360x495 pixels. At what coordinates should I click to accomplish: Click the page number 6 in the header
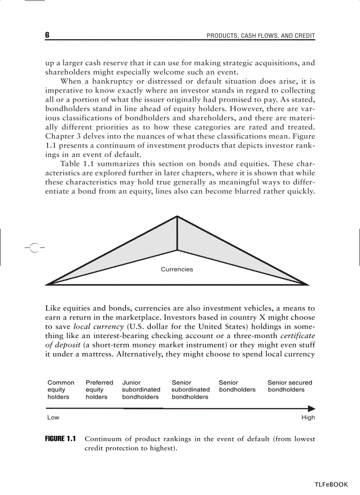[47, 35]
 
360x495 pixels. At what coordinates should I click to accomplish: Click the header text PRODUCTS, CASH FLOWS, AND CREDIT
[261, 36]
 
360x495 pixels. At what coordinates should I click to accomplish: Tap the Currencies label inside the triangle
[176, 269]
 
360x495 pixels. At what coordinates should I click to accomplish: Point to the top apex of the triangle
[177, 216]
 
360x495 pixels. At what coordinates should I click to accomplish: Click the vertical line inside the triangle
[177, 234]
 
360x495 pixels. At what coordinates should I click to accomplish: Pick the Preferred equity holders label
[99, 390]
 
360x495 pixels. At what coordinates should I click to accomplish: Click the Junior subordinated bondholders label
[141, 390]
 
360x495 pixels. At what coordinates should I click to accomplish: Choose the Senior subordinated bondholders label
[190, 390]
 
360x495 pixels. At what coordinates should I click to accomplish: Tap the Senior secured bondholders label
[289, 386]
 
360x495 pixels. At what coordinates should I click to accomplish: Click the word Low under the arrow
[53, 417]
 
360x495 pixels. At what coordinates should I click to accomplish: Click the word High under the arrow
[308, 417]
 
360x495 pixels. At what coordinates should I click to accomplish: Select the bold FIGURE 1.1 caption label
[60, 439]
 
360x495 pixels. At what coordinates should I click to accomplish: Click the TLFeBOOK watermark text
[331, 484]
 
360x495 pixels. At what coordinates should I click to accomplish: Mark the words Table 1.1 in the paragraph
[75, 164]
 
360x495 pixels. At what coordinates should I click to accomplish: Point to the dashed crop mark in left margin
[35, 248]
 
